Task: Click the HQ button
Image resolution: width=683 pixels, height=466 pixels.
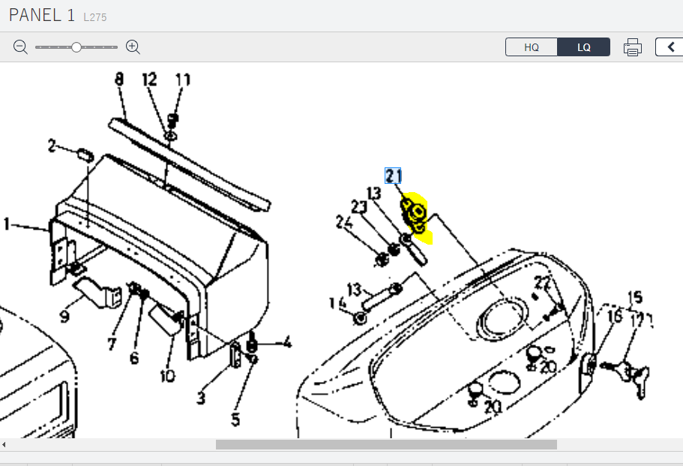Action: pos(532,47)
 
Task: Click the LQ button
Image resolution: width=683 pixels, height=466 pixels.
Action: pos(584,47)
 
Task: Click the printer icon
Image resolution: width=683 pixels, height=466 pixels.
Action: pos(633,47)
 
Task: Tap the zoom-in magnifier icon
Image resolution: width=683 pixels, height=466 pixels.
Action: pos(133,47)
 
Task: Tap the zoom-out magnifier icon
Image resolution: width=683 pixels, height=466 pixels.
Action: pos(20,47)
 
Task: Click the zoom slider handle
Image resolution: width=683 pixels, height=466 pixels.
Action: pos(76,47)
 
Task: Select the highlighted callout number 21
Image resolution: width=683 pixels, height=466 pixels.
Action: pos(394,176)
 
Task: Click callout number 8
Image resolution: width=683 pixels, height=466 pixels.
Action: pos(119,79)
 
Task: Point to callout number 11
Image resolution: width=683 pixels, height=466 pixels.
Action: pos(183,80)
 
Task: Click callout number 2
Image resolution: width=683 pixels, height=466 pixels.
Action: pos(52,146)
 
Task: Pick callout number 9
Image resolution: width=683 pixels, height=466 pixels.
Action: pos(64,317)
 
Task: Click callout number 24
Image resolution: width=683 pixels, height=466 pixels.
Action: pos(343,222)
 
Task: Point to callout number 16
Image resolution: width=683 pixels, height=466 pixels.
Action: pos(615,317)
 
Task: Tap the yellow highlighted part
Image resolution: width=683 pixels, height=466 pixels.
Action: pos(415,218)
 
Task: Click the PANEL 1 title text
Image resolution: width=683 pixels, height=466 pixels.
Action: pos(42,16)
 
